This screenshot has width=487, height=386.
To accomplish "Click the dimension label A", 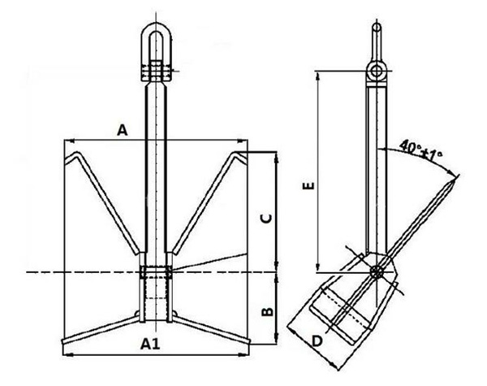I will pyautogui.click(x=123, y=129).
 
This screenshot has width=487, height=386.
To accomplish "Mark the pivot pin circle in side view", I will pyautogui.click(x=376, y=271).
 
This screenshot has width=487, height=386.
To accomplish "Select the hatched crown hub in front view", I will pyautogui.click(x=154, y=293).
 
